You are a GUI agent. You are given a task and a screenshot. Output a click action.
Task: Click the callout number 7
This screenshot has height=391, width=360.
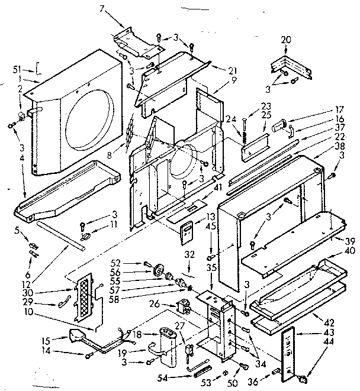coord(101,9)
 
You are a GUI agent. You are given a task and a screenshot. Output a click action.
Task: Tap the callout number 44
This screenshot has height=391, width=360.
coord(345,342)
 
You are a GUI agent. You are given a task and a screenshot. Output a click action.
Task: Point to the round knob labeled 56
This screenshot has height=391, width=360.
coord(157,272)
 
